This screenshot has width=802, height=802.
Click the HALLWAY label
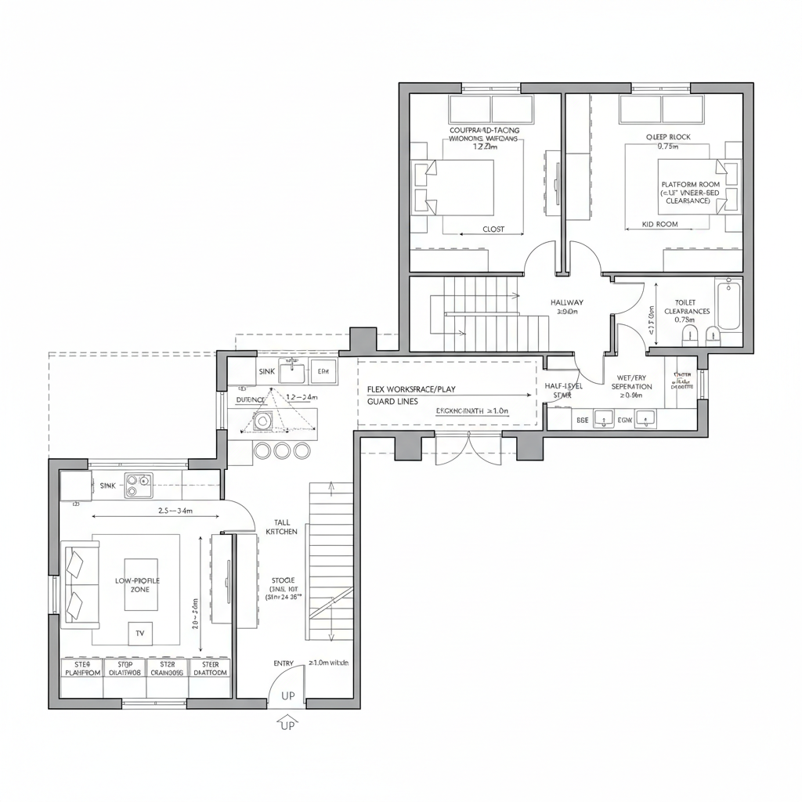pos(566,302)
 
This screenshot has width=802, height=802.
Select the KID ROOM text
pos(659,224)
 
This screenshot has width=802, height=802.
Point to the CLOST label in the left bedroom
pos(493,229)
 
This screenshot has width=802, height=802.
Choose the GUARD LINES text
pos(392,402)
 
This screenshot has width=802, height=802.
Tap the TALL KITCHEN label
pos(281,526)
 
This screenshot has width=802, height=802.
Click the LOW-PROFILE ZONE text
pos(138,584)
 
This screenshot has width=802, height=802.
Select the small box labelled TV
pos(140,633)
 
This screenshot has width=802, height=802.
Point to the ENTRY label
pos(284,663)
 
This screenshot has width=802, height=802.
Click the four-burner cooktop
pos(139,486)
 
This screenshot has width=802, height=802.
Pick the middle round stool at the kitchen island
pos(282,450)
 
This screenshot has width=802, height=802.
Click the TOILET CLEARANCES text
pos(686,310)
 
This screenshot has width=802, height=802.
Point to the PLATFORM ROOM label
pos(689,185)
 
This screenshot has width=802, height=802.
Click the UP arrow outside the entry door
pos(287,721)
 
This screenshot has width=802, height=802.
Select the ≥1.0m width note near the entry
pos(329,663)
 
